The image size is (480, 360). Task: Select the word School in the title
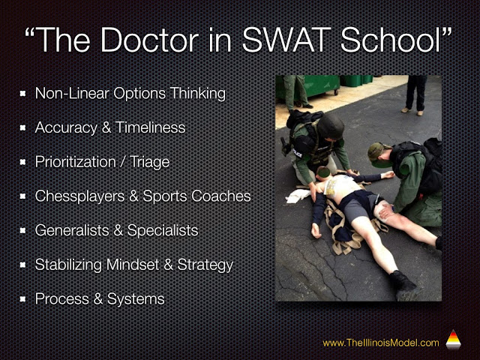(390, 40)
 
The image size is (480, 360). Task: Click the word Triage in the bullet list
(149, 162)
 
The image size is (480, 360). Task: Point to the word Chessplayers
(79, 196)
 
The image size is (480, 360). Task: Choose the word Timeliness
(150, 127)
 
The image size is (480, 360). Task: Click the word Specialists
(163, 230)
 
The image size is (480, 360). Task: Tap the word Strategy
(205, 265)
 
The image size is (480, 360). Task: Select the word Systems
(136, 299)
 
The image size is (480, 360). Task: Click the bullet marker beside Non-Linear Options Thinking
(22, 93)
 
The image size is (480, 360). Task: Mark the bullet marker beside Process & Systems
(22, 298)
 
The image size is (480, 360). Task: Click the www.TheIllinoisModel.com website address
(381, 343)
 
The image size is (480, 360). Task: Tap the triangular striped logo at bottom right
(453, 340)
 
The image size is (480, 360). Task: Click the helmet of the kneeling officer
(330, 127)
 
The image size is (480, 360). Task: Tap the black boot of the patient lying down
(402, 281)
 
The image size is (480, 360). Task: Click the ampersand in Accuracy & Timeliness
(106, 127)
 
